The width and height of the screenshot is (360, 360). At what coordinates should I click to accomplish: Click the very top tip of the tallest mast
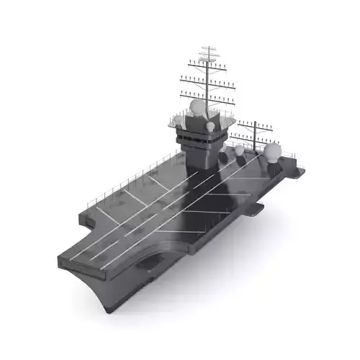point(210,47)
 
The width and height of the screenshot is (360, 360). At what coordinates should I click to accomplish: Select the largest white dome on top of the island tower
point(197,108)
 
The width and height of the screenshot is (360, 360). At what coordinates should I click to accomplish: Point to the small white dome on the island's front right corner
point(210,127)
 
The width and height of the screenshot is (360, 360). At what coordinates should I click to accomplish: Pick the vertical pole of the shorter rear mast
point(254,137)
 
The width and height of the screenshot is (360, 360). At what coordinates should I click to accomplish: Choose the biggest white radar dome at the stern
point(272,151)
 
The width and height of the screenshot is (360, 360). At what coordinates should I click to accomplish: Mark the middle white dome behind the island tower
point(239,150)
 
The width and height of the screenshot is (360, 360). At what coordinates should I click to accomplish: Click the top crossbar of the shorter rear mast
point(254,124)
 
